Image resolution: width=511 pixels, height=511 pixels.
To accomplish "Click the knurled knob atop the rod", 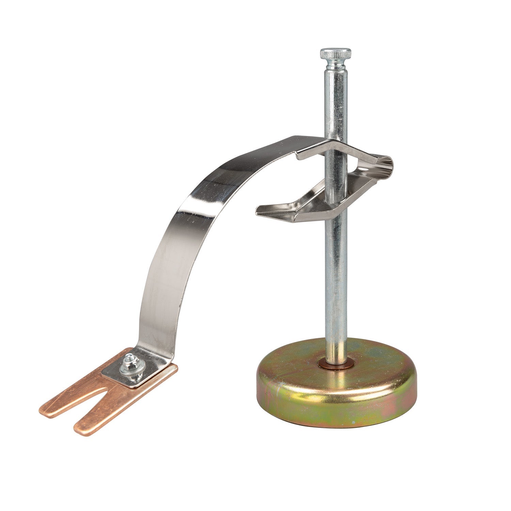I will [335, 54].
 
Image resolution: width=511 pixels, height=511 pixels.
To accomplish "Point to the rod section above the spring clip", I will [336, 102].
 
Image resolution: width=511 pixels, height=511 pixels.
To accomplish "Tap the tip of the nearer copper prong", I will [82, 430].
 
